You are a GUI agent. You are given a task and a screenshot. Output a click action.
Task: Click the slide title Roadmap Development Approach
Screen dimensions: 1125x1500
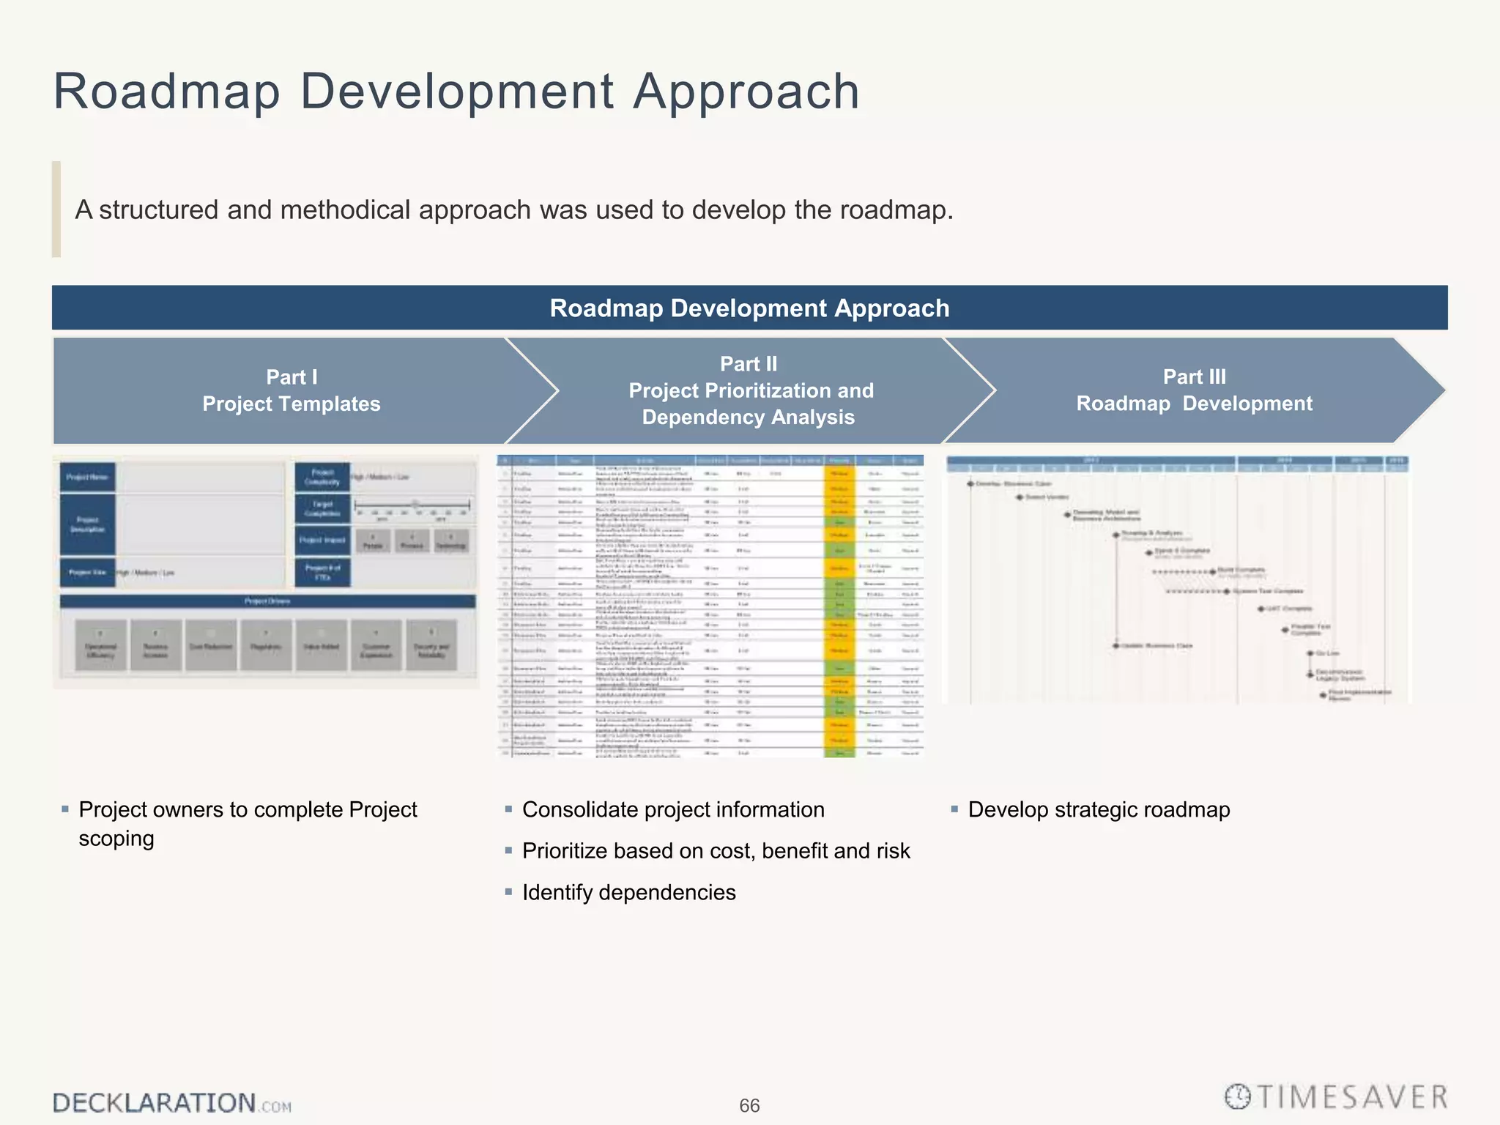pos(456,92)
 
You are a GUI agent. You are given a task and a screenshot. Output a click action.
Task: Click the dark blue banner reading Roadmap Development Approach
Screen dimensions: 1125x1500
pos(749,308)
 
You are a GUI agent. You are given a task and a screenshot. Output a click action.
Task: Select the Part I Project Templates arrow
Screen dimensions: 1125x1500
pos(292,390)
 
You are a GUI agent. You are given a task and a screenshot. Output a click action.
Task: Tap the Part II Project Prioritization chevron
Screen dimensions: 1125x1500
pos(750,390)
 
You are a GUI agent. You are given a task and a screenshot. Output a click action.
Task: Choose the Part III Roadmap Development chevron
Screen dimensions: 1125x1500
pos(1194,390)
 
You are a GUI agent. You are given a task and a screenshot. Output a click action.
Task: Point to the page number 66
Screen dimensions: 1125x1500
pos(749,1105)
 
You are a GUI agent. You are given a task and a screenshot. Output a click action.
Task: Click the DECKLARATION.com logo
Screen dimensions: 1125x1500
pos(172,1103)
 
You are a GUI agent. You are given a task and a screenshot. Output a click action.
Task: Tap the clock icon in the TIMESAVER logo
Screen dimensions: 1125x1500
pos(1238,1096)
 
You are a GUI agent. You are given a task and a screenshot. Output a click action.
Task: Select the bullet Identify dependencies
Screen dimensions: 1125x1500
pos(628,893)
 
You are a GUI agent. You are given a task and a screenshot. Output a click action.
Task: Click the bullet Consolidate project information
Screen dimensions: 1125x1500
pos(672,810)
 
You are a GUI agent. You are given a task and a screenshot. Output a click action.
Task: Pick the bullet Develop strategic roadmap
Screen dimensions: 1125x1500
pos(1099,810)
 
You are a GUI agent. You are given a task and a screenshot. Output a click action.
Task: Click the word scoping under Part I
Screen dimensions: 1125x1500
pos(116,839)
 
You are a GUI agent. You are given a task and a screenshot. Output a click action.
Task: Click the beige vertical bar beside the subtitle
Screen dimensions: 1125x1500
pos(56,209)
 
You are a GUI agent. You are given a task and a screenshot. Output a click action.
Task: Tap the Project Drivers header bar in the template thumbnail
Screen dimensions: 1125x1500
pos(267,601)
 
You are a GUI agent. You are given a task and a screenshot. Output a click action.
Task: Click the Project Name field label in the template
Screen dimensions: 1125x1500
pos(87,478)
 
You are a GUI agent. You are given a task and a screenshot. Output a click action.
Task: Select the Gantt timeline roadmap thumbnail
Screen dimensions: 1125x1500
pos(1177,579)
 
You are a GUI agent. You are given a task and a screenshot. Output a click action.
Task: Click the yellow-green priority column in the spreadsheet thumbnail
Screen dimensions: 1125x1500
pos(839,608)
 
